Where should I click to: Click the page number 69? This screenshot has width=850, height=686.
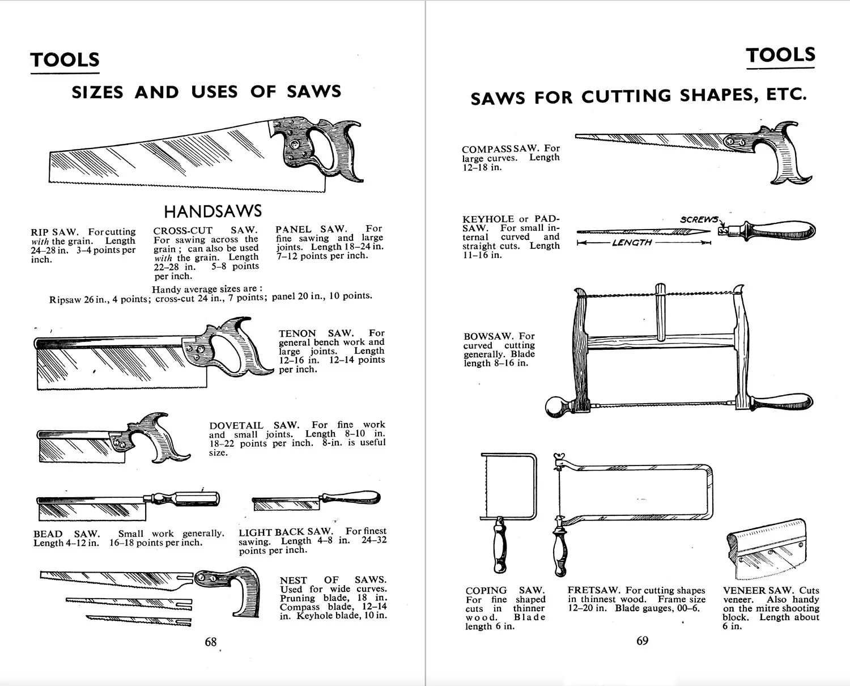point(642,641)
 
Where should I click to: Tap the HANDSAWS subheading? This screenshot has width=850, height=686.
point(212,211)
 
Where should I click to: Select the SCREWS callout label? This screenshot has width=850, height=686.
point(699,219)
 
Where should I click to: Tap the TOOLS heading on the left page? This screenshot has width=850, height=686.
point(65,60)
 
